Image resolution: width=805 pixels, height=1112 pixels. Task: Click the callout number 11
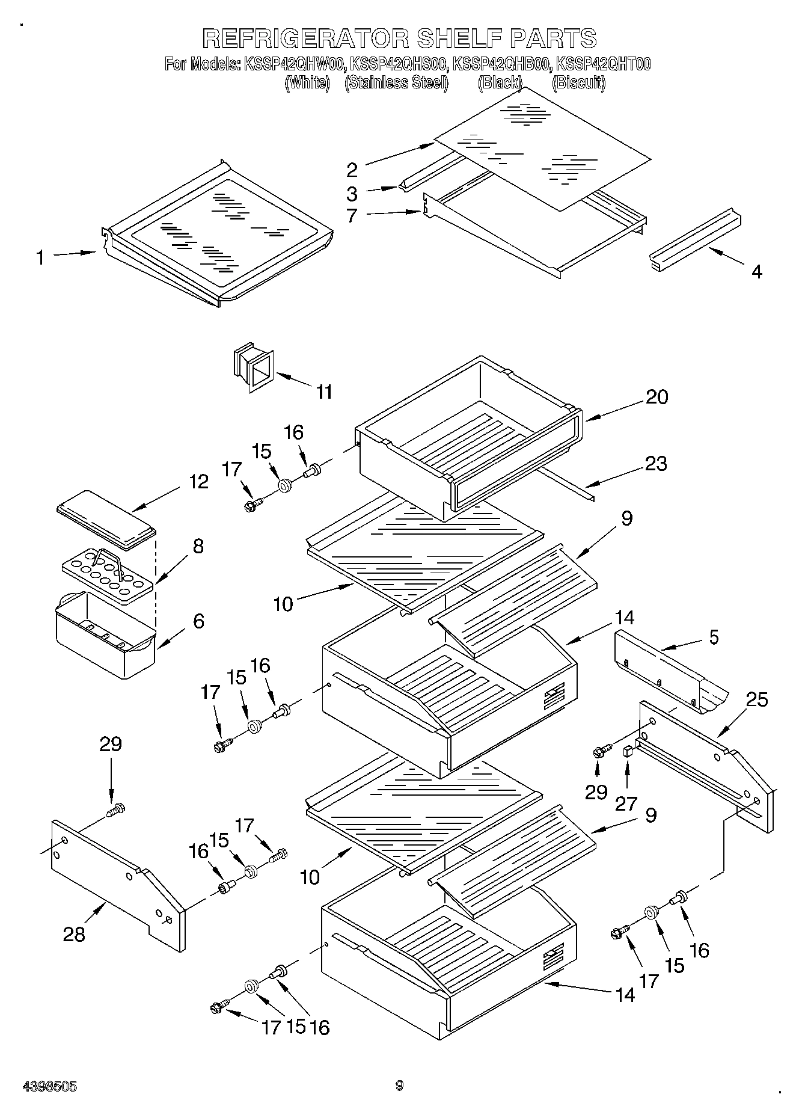324,392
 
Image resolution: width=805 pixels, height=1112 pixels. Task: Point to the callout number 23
655,463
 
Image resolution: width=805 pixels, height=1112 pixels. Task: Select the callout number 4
757,272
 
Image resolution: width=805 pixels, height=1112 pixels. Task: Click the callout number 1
40,258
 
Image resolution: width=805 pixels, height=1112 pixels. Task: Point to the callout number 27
626,803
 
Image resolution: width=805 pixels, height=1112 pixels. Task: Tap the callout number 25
757,699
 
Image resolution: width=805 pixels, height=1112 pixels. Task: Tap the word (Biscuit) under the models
578,82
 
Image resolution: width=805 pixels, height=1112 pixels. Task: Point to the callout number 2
352,170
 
